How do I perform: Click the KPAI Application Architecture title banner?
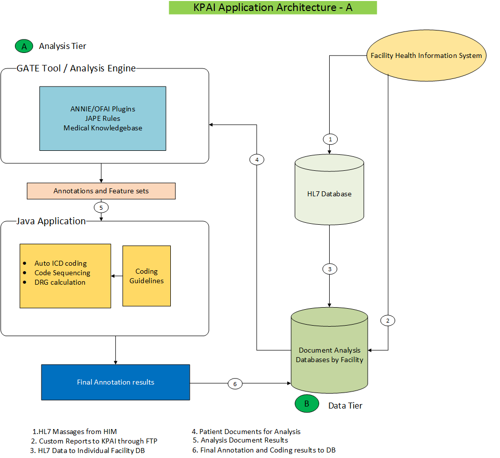(x=273, y=7)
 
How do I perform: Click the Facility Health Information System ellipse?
(x=426, y=55)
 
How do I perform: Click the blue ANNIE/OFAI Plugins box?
(x=102, y=118)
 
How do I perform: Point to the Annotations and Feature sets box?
(x=101, y=191)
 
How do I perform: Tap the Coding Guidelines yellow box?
(x=146, y=276)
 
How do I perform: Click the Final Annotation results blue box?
(x=115, y=382)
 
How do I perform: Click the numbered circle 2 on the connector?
(x=388, y=320)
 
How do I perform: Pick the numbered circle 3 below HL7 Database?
(x=329, y=269)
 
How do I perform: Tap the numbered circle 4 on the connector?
(x=256, y=160)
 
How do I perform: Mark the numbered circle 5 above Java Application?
(x=101, y=207)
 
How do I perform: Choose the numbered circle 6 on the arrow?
(x=235, y=384)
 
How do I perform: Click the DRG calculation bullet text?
(x=59, y=282)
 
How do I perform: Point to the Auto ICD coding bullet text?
(x=60, y=263)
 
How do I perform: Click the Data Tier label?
(x=345, y=406)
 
